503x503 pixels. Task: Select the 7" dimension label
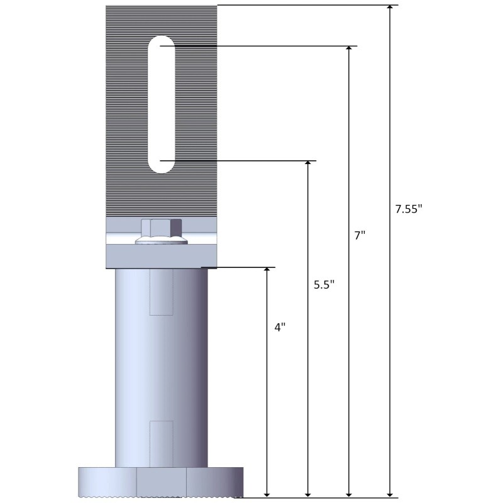click(360, 236)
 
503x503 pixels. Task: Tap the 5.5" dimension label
click(324, 284)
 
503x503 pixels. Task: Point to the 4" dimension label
click(280, 328)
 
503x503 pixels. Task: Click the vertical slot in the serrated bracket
click(161, 104)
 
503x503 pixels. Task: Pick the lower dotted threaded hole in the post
click(161, 443)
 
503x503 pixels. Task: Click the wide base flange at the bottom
click(161, 482)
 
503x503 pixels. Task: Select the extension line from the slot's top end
click(264, 46)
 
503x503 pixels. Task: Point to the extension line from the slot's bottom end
click(245, 161)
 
